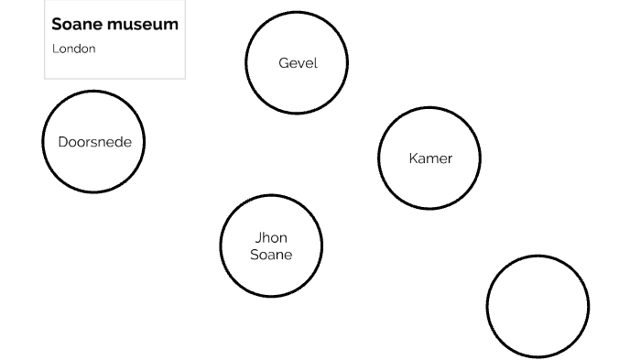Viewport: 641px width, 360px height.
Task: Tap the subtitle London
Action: tap(73, 49)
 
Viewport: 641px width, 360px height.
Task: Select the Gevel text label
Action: tap(298, 63)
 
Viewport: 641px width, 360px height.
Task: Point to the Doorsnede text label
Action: tap(94, 142)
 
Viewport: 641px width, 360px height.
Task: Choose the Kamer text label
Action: tap(430, 158)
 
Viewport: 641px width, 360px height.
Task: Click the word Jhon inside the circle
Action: tap(271, 238)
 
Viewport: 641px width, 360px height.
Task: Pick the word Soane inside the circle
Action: tap(271, 255)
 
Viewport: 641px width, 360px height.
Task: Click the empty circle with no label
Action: tap(538, 306)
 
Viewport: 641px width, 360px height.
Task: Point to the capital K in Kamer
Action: tap(413, 158)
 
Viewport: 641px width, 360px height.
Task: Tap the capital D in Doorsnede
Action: tap(62, 142)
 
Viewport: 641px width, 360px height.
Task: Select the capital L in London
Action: tap(54, 49)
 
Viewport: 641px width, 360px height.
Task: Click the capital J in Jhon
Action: tap(256, 238)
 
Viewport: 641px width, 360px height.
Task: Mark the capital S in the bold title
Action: tap(57, 25)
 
